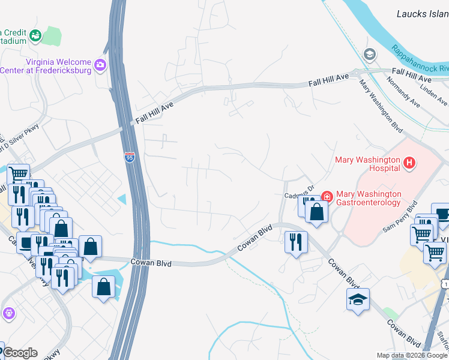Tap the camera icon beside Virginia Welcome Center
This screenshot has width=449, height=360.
click(100, 64)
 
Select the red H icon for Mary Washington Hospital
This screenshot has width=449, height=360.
click(409, 163)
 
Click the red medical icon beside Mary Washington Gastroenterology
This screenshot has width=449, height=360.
click(327, 196)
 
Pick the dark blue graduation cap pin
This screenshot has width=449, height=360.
click(358, 299)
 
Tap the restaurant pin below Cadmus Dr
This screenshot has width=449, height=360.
click(295, 242)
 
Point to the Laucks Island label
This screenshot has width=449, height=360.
click(423, 13)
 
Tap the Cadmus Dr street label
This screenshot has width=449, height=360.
click(300, 187)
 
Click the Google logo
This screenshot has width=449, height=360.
click(19, 353)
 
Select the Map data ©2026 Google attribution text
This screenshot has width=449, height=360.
click(412, 355)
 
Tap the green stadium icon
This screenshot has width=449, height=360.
click(35, 36)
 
